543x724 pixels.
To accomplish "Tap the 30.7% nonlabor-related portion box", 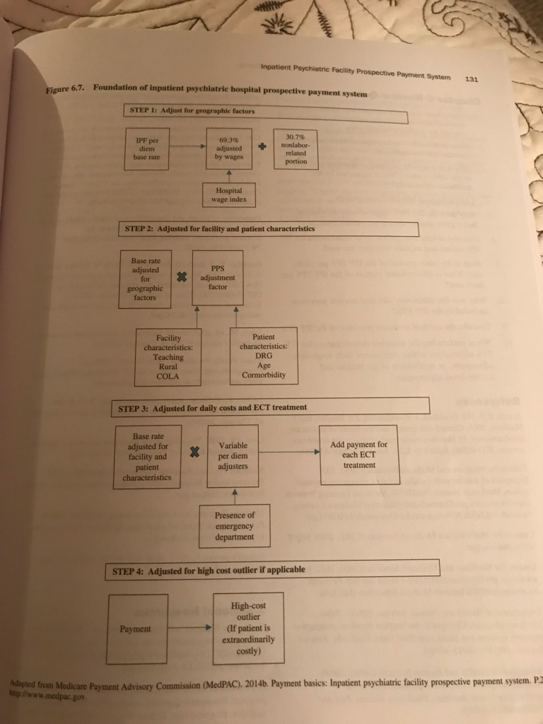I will (296, 148).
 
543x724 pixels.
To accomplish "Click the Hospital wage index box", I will (228, 194).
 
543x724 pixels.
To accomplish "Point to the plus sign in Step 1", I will (262, 148).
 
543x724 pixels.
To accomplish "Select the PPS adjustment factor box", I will (218, 278).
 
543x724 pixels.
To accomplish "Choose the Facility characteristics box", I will (168, 357).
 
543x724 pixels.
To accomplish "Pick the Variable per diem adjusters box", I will (233, 457).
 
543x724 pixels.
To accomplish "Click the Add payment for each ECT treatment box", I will (358, 455).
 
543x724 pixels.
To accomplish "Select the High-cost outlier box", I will (248, 628).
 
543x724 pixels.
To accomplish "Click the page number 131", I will (470, 79).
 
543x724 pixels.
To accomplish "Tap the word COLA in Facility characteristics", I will (168, 377).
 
